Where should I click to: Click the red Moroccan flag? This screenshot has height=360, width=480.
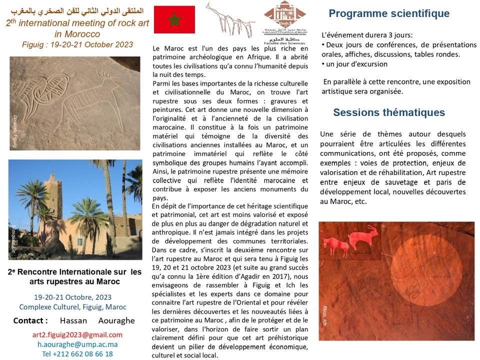(174, 20)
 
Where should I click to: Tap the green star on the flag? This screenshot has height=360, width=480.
(174, 20)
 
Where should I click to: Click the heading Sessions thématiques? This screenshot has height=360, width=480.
(389, 112)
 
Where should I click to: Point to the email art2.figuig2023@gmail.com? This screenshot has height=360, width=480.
(77, 334)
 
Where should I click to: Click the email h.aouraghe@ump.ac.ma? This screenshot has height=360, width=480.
(77, 344)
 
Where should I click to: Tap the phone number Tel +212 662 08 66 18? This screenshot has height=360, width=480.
(77, 353)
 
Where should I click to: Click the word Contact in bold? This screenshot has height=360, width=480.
(30, 320)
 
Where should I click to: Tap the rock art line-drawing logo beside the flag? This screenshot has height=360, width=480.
(230, 20)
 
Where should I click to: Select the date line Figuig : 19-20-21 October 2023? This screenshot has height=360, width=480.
(77, 44)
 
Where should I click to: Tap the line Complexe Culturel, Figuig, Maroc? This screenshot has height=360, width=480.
(72, 307)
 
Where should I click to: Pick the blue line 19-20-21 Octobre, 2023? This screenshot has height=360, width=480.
(73, 297)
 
